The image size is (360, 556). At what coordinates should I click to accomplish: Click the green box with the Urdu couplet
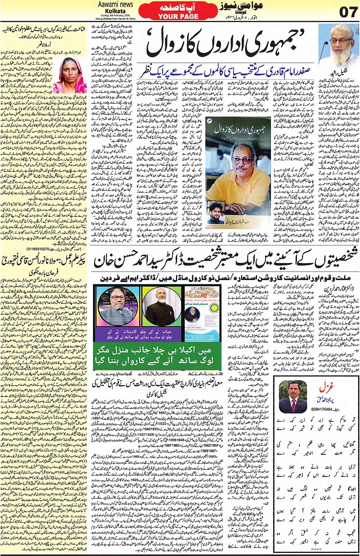tap(157, 356)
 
